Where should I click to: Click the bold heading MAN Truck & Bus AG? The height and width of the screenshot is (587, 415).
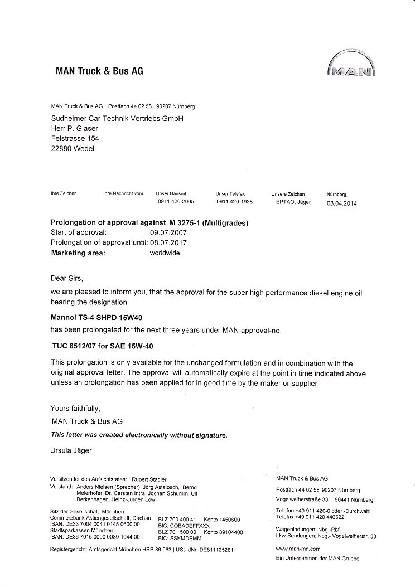(x=100, y=71)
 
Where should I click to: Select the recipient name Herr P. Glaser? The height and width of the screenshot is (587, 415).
(x=74, y=129)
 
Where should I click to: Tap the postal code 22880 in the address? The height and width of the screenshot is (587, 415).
(x=61, y=148)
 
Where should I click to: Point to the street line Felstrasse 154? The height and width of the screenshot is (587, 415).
(x=75, y=138)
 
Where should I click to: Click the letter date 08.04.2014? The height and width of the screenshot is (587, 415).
(x=341, y=203)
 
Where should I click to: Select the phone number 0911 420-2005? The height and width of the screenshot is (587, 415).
(x=176, y=202)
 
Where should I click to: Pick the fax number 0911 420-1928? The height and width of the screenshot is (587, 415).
(x=234, y=202)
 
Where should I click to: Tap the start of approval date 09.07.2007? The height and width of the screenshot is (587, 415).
(x=168, y=232)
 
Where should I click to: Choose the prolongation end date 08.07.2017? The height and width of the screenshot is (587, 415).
(x=168, y=242)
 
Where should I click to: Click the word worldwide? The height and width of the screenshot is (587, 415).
(x=165, y=253)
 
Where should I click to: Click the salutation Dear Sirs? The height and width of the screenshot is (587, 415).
(x=66, y=278)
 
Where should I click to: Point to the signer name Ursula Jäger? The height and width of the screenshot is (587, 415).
(x=71, y=450)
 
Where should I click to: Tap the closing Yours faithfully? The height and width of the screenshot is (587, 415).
(x=75, y=408)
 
